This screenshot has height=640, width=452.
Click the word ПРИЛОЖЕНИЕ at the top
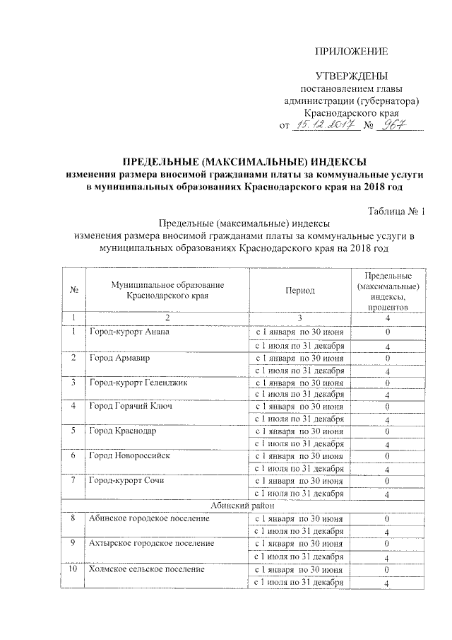pyautogui.click(x=351, y=52)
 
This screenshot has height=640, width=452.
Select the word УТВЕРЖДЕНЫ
pyautogui.click(x=351, y=76)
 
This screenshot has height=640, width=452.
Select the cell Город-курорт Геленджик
pyautogui.click(x=137, y=383)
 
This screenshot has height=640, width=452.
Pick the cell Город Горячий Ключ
pyautogui.click(x=131, y=407)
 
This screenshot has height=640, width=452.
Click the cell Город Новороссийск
pyautogui.click(x=129, y=455)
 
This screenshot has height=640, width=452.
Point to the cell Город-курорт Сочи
pyautogui.click(x=126, y=480)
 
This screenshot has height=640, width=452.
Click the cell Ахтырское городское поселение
pyautogui.click(x=151, y=543)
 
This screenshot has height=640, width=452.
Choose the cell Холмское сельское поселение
pyautogui.click(x=146, y=569)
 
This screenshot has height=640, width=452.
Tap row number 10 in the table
pyautogui.click(x=73, y=569)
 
